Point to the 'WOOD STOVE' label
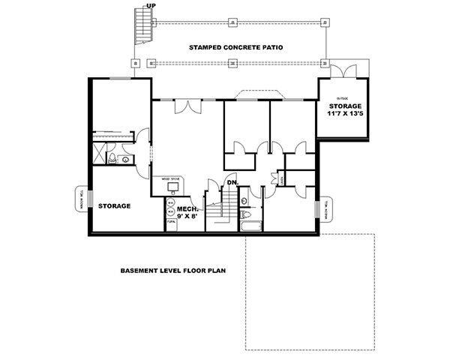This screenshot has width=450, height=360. click(x=171, y=180)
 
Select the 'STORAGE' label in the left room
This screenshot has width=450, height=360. click(x=115, y=205)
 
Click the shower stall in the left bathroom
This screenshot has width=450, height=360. click(x=98, y=154)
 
